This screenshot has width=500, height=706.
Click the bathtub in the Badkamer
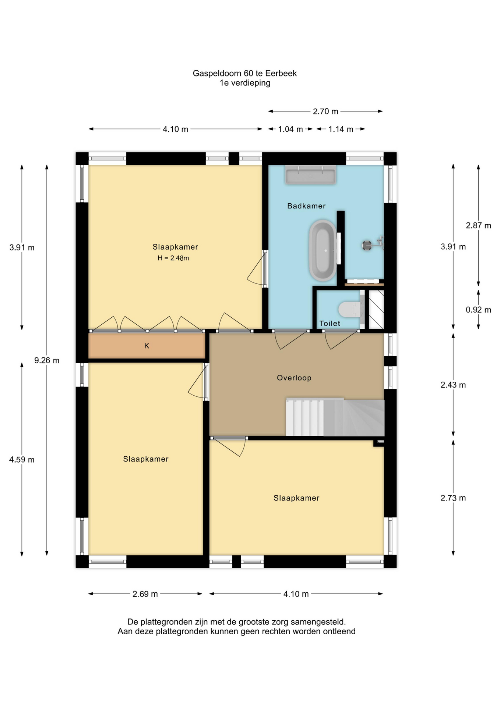point(323,250)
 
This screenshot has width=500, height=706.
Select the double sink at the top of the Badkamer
point(310,175)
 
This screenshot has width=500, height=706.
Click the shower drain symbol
point(367,245)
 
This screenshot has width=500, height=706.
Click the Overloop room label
point(294,378)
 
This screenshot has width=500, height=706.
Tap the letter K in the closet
point(147,346)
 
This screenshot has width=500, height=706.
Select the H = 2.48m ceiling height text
point(173,258)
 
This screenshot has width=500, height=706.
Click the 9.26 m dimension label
point(47,360)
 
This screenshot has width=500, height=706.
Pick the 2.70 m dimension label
point(325,111)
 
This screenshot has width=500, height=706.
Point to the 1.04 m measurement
point(291,129)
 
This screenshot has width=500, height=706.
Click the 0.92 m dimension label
point(478,310)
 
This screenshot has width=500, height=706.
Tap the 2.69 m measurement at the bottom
point(145,594)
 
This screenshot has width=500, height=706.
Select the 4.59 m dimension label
point(22,460)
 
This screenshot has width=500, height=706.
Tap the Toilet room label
point(330,323)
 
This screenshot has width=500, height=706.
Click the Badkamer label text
point(306,206)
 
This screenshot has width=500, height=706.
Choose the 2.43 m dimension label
point(453,385)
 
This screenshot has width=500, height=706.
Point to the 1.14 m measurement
point(341,129)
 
